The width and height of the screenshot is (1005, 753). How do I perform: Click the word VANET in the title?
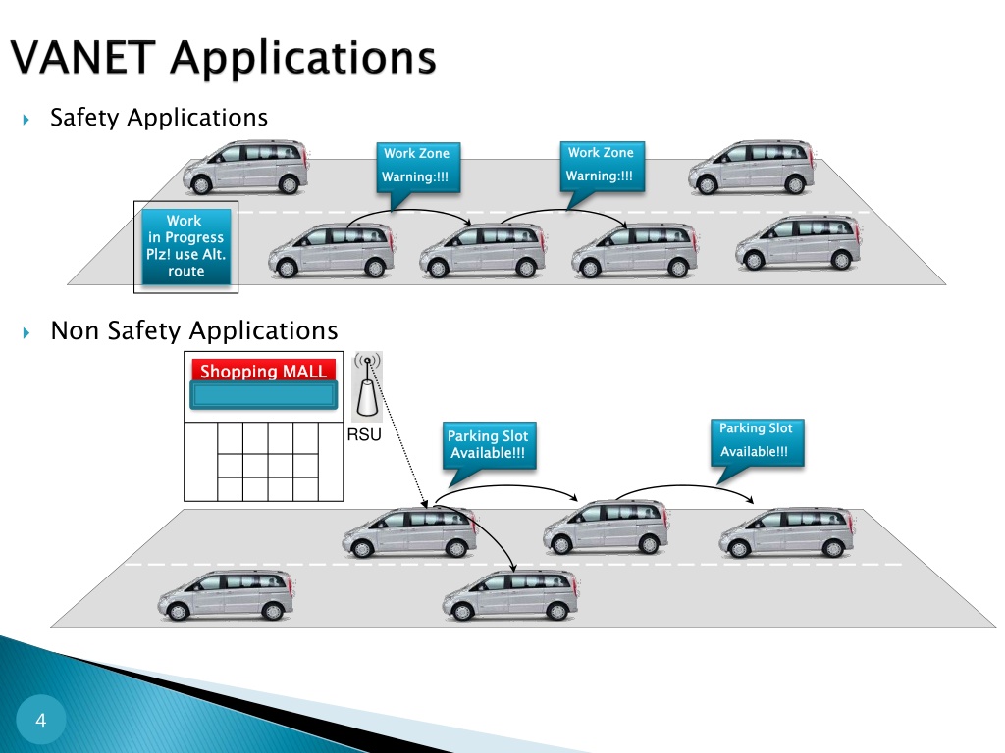82,57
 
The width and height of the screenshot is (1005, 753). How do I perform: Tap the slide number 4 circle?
41,720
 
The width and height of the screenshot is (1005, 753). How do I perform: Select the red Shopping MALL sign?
263,371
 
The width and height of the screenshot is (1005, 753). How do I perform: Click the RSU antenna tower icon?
368,386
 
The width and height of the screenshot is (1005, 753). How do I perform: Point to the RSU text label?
364,434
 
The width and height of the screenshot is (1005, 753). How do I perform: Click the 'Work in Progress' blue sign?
185,246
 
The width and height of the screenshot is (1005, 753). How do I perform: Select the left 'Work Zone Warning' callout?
418,172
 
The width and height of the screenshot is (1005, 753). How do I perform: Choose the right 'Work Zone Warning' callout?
602,171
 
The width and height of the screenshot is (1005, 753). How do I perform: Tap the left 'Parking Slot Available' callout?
489,449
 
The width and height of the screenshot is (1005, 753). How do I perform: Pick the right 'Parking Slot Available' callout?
757,446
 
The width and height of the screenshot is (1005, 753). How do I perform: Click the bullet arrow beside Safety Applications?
26,119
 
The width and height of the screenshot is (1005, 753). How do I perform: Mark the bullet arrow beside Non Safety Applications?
26,332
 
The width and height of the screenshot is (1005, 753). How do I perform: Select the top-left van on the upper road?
246,167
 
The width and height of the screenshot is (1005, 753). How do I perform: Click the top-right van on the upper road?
752,167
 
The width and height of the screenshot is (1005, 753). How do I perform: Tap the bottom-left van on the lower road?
227,595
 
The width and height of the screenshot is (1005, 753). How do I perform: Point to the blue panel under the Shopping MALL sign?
263,395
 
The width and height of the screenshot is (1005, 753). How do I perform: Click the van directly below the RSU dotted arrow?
410,531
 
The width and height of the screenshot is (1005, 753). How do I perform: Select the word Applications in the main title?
303,59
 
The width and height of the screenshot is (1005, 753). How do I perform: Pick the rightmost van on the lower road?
787,531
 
